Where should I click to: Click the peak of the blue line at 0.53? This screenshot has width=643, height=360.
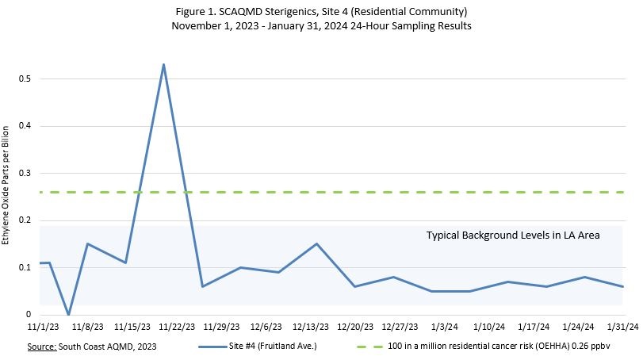tap(163, 64)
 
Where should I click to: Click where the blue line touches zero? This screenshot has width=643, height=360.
tap(68, 314)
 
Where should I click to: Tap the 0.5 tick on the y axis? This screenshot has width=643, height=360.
tap(29, 79)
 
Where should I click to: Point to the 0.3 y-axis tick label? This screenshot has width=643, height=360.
tap(29, 174)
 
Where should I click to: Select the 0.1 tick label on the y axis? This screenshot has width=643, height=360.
tap(29, 268)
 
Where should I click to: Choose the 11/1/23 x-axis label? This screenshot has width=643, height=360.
tap(42, 326)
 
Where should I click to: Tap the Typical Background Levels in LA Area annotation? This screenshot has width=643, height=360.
tap(513, 235)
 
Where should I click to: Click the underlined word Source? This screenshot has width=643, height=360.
tap(45, 347)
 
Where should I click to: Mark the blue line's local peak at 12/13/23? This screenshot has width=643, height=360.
tap(316, 243)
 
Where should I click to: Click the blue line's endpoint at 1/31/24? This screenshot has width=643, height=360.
tap(623, 286)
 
